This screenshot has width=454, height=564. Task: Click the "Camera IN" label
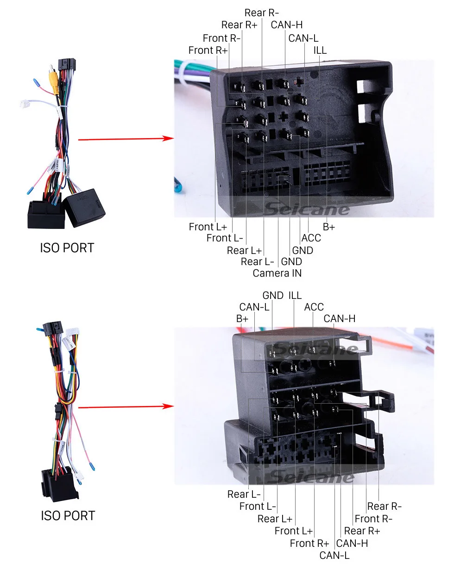point(277,273)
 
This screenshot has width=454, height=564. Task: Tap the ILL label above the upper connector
point(320,50)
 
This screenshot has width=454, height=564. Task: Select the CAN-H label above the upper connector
point(287,25)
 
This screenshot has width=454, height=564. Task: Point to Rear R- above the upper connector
point(262,13)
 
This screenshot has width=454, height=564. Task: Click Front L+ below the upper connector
point(208,227)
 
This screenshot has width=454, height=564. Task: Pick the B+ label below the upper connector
point(329,227)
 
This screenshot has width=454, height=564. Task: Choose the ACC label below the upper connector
point(311,238)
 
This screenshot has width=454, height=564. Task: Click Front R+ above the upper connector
point(208,50)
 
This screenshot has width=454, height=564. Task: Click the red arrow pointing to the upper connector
point(125,139)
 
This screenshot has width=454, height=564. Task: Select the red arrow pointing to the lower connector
point(125,407)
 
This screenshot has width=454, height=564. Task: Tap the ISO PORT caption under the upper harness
point(67,248)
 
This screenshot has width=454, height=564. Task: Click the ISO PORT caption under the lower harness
point(68,515)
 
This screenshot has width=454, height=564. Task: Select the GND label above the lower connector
point(273,295)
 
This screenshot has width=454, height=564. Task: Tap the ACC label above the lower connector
point(314,307)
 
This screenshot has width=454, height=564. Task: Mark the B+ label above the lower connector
point(242,318)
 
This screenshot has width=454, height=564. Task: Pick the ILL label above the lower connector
point(295,295)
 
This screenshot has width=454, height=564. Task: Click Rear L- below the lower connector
point(244,494)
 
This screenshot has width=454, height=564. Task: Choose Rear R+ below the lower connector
point(362,531)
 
